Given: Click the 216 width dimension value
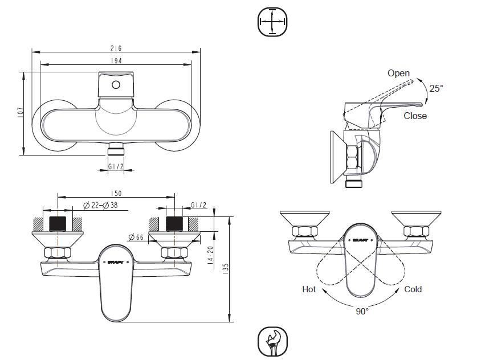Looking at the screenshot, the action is pos(116,48).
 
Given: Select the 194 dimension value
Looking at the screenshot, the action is pos(116,61).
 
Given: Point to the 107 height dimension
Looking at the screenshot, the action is pos(21,113).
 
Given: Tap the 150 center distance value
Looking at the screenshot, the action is pos(116,193).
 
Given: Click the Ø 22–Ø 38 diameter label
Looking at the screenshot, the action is pos(101,206).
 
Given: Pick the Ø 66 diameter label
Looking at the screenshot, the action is pos(136,237).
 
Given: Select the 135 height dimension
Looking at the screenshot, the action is pos(226,269).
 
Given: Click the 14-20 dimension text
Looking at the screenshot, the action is pos(210,255).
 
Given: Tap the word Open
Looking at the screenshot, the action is pos(398,73).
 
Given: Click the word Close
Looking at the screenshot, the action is pos(415,116).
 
